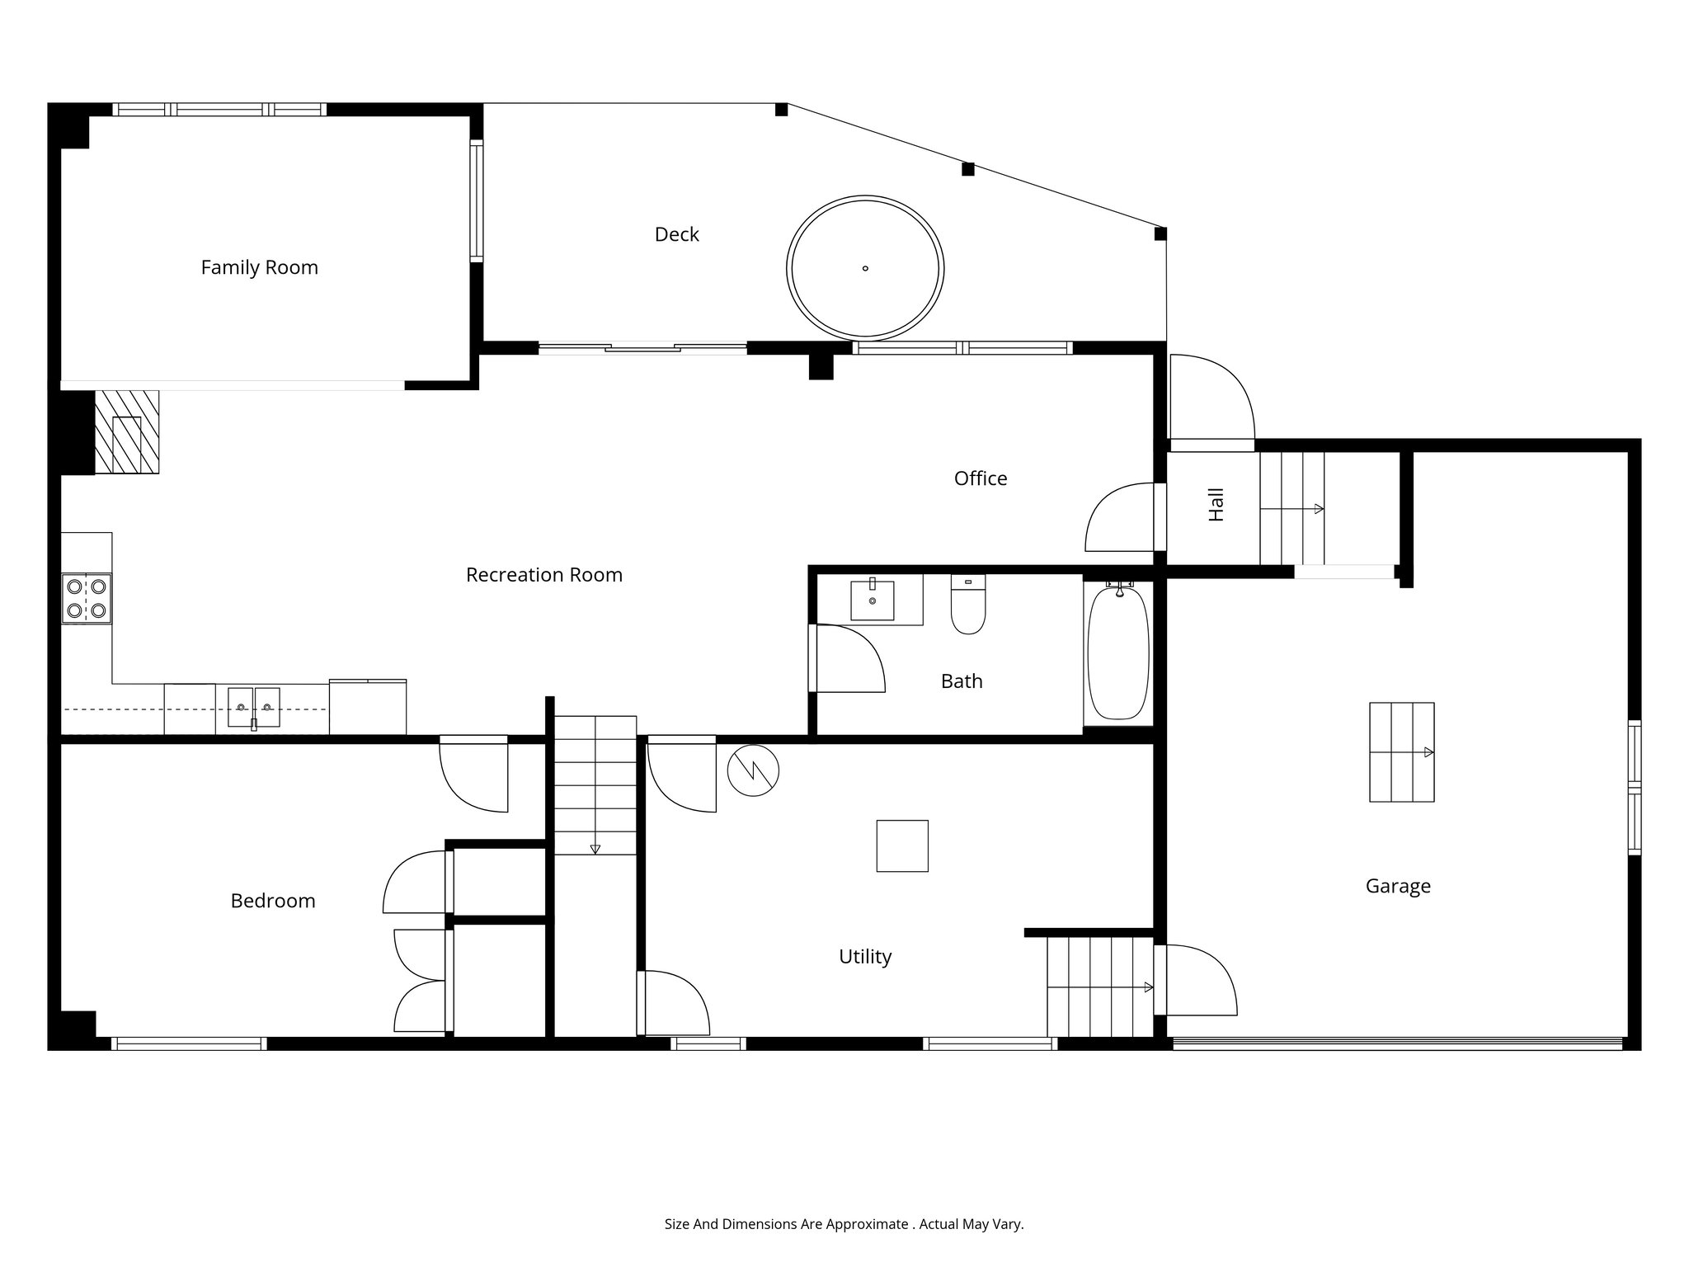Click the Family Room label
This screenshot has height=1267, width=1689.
259,267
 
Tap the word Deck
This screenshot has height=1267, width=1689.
676,234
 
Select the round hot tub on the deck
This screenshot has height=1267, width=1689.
865,268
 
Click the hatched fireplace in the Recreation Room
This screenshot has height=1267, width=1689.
127,432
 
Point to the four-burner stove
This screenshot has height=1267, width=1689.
87,598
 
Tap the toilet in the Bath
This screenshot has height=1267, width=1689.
968,605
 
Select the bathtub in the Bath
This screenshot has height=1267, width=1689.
1117,652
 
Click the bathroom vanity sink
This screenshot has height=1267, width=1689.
872,600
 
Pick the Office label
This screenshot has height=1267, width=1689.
980,478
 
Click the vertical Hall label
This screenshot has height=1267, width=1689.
1216,504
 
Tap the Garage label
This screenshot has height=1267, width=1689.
1397,886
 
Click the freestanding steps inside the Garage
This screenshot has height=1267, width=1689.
1401,751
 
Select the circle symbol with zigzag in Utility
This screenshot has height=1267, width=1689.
753,770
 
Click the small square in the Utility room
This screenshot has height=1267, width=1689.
901,845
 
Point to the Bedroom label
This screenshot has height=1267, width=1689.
272,901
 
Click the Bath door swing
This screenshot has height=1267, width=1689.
848,658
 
